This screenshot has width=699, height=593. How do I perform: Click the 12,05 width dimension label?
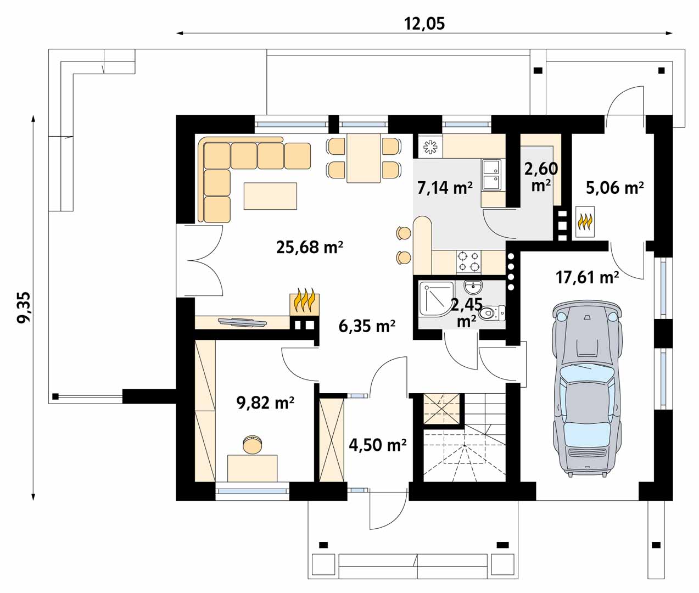coord(424,24)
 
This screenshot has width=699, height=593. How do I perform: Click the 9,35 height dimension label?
coord(24,307)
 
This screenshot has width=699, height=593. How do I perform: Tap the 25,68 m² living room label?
coord(310,247)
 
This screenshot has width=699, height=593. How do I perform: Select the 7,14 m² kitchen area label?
coord(445,188)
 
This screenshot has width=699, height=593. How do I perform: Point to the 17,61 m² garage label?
coord(588,277)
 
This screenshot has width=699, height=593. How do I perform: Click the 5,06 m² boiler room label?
coord(614,188)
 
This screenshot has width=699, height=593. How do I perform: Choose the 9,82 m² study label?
coord(265,403)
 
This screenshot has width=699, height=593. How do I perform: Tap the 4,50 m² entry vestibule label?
coord(378,445)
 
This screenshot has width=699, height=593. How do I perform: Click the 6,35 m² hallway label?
coord(367,326)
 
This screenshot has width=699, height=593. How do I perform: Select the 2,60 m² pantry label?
coord(541,176)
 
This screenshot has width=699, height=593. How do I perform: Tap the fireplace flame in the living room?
coord(304,301)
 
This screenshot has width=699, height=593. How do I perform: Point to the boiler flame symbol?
coord(585,222)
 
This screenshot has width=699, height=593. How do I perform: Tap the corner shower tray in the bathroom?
coord(437,298)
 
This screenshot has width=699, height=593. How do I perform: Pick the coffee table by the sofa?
coord(270,196)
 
